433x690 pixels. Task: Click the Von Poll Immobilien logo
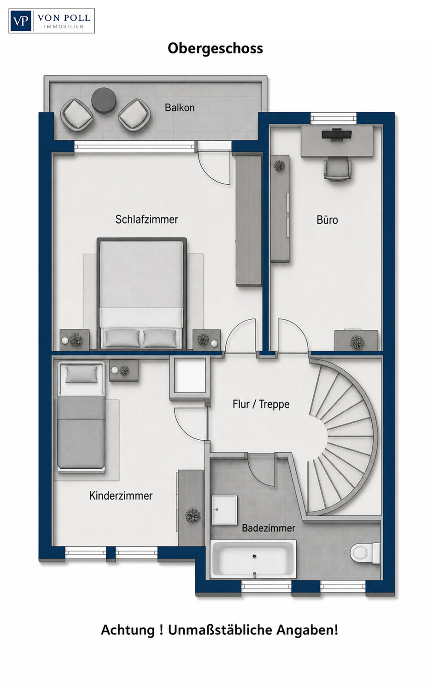tap(52, 21)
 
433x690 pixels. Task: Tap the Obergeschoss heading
tap(215, 49)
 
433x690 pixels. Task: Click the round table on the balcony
tap(104, 100)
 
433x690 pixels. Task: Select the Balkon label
tap(180, 108)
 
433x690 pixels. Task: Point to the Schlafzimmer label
tap(146, 219)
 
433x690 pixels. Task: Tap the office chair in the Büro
tap(337, 168)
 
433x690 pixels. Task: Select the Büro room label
tap(327, 219)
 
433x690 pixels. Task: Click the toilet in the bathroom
tap(365, 553)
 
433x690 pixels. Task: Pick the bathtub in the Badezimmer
tap(253, 559)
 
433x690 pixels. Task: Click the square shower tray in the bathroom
tap(224, 510)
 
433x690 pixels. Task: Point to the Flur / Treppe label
tap(261, 404)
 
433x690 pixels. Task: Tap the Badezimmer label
tap(268, 528)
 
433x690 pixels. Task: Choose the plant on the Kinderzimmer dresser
tap(193, 515)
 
